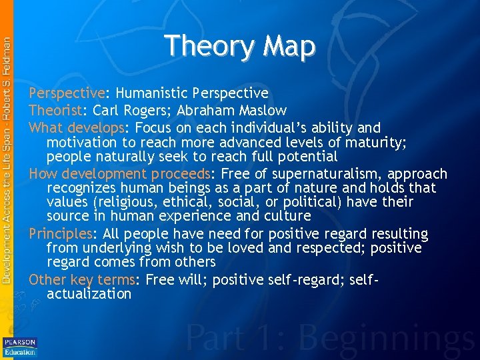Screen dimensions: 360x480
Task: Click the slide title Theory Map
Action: point(239,46)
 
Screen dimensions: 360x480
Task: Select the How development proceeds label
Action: point(119,173)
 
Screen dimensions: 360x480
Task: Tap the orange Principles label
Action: point(61,234)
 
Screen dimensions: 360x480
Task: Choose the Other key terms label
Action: point(82,280)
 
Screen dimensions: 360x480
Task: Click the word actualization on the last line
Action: point(89,294)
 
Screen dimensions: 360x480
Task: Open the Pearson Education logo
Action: point(20,347)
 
